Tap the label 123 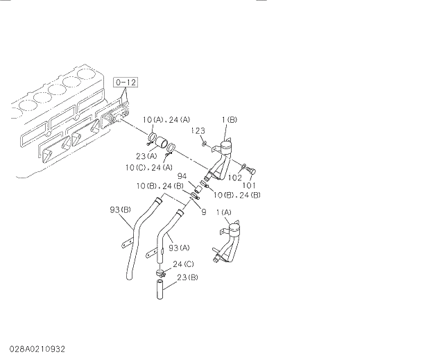point(198,131)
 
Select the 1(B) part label point(230,121)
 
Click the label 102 point(235,178)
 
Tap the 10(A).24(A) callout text point(164,120)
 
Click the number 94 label point(182,177)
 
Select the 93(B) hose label point(121,209)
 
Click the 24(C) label point(182,264)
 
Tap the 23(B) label point(187,277)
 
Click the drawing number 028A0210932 point(38,348)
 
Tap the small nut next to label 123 point(204,143)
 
